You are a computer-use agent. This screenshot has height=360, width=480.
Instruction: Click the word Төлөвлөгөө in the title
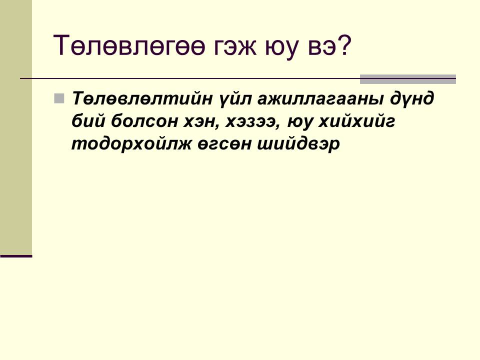128,45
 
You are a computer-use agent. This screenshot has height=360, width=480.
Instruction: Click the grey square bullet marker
59,98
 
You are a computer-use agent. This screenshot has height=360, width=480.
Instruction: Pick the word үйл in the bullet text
235,99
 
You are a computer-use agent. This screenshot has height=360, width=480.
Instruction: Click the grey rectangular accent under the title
408,79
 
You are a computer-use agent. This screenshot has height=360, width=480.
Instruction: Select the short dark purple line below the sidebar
16,256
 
